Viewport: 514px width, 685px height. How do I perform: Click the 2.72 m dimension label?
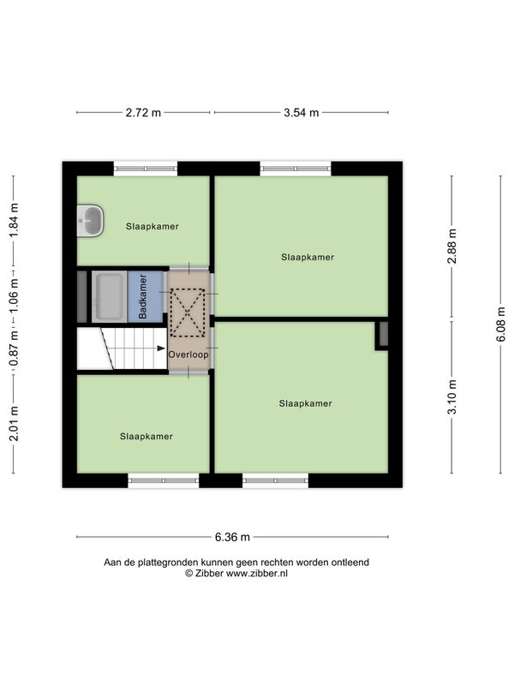click(x=143, y=113)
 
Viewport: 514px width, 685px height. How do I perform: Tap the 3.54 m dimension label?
click(x=302, y=113)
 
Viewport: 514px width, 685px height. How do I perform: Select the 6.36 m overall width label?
click(x=232, y=537)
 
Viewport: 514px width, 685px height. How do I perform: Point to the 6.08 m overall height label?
click(x=501, y=325)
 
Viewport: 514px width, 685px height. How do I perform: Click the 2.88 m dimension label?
click(x=452, y=246)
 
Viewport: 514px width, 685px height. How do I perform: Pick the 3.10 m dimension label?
click(x=452, y=396)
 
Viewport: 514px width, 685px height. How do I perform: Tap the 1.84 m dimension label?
click(x=14, y=220)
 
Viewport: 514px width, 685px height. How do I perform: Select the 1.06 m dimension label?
click(x=14, y=296)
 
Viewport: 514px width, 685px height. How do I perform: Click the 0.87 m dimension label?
click(x=14, y=348)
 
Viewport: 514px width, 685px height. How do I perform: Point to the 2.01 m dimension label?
click(x=14, y=423)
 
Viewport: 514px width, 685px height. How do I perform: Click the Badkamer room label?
click(x=142, y=296)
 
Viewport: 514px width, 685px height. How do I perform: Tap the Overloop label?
click(x=188, y=354)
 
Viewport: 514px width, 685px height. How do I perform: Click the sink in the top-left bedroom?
click(x=90, y=221)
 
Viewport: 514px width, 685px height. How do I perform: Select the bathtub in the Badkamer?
click(x=109, y=296)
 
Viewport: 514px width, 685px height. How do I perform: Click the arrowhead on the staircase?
click(x=161, y=348)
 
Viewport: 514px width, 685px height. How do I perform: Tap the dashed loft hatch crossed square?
click(x=188, y=313)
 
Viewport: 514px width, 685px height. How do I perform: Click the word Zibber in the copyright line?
click(x=209, y=574)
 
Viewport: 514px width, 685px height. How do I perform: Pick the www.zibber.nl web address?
click(x=257, y=574)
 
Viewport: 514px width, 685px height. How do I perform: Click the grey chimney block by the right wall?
click(x=383, y=334)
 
